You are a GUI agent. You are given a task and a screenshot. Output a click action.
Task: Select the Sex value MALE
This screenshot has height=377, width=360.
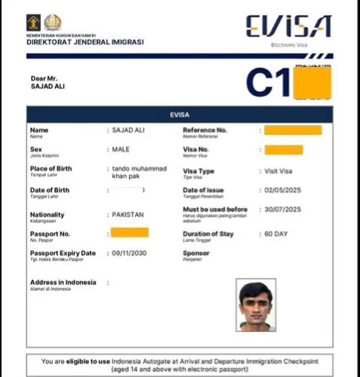point(121,149)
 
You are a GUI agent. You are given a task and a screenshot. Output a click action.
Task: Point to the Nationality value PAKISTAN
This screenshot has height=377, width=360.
point(128,214)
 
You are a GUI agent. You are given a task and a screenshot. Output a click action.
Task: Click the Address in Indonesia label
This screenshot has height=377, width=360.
point(63,282)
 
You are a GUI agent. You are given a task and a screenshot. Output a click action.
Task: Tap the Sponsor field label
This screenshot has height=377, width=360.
point(195,253)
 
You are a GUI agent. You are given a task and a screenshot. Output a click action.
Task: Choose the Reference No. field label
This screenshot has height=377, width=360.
point(205,130)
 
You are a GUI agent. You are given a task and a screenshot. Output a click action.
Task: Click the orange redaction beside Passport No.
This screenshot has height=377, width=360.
point(129,232)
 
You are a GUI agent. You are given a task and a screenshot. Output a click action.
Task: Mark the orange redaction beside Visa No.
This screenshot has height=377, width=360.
point(283,149)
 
